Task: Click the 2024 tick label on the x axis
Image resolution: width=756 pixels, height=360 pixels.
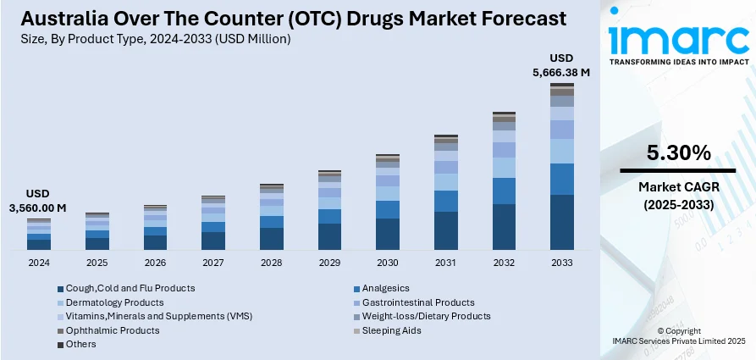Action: tap(39, 263)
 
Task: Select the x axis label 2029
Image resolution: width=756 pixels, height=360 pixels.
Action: tap(329, 263)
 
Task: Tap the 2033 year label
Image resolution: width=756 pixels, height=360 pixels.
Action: tap(562, 263)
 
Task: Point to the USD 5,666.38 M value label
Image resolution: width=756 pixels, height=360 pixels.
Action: tap(561, 65)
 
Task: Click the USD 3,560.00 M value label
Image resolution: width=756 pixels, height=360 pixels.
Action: tap(38, 200)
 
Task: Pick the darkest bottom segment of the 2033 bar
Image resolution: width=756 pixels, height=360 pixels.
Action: tap(562, 222)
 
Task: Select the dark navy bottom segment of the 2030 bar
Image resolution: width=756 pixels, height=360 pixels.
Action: tap(388, 234)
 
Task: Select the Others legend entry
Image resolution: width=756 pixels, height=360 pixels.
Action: tap(80, 344)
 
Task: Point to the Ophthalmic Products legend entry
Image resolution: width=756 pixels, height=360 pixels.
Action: tap(112, 330)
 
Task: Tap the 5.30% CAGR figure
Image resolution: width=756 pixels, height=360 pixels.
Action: tap(678, 153)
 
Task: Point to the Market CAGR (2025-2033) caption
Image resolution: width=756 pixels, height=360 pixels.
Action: tap(678, 195)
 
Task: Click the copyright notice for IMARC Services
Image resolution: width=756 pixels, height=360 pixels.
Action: tap(677, 335)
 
